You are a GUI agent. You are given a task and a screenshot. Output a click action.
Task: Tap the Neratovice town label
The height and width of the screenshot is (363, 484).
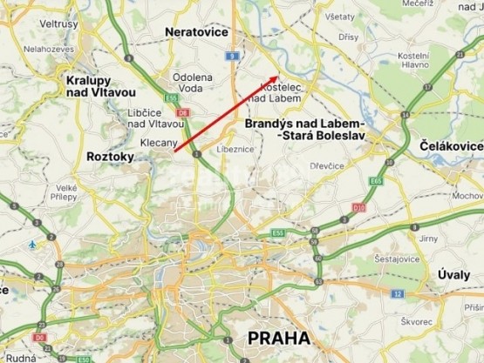(x=196, y=32)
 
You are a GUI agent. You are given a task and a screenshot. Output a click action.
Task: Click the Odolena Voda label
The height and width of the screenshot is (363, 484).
(x=193, y=82)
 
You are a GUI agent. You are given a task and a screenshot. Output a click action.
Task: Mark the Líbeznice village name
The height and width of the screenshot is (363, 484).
(x=255, y=149)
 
